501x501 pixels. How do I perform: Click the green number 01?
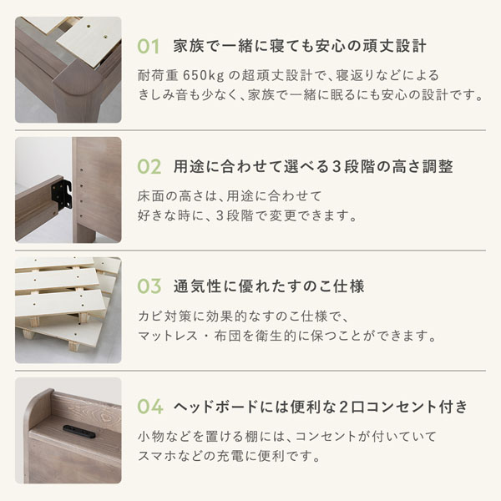(x=149, y=47)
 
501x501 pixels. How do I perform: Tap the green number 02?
(x=149, y=166)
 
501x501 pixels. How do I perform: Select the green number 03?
(x=149, y=286)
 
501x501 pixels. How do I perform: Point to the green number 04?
(x=149, y=407)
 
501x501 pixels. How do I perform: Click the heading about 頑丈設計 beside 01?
(x=300, y=46)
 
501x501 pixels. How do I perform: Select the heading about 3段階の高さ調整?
(x=313, y=166)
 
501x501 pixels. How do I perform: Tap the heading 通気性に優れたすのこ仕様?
(x=269, y=286)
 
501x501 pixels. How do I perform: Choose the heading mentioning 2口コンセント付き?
(x=321, y=407)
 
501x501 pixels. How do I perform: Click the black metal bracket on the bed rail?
(x=61, y=194)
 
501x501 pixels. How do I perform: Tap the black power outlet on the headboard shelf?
(x=79, y=432)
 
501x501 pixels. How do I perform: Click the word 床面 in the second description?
(x=151, y=196)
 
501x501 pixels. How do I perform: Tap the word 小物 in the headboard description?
(x=151, y=436)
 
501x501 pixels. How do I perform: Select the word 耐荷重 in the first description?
(x=158, y=76)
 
